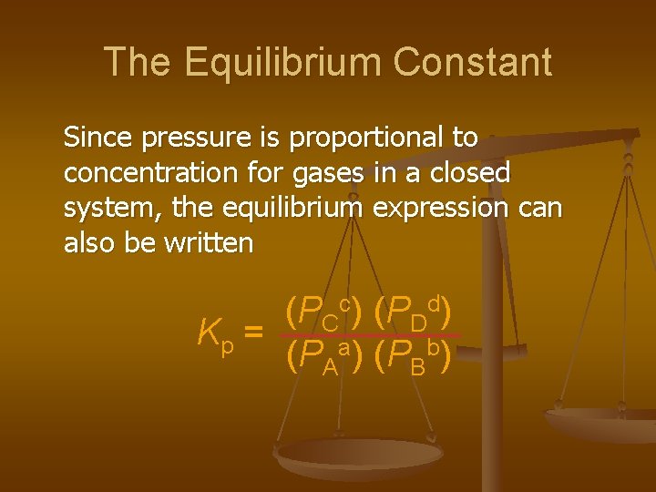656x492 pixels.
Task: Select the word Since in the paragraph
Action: tap(97, 138)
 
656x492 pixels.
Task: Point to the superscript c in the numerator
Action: tap(345, 302)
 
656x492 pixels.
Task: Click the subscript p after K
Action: tap(227, 346)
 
